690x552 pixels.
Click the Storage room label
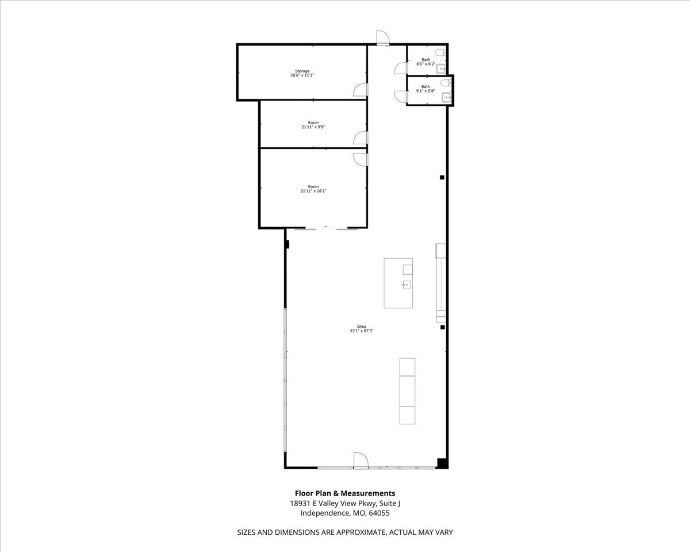click(302, 71)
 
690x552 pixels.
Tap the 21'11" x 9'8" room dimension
click(313, 127)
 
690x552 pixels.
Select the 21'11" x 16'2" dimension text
click(313, 191)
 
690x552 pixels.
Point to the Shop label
click(362, 327)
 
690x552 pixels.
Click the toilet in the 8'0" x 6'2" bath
click(440, 53)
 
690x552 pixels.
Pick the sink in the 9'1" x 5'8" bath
click(447, 97)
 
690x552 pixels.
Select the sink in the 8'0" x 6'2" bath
click(441, 68)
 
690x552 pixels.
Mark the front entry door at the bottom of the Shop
click(361, 460)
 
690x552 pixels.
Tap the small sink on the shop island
click(406, 285)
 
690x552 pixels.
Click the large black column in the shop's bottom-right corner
click(442, 463)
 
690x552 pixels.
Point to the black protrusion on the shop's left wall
click(287, 244)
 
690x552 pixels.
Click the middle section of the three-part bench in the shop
click(407, 392)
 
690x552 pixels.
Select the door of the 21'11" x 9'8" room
click(361, 138)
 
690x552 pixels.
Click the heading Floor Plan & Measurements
click(344, 493)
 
